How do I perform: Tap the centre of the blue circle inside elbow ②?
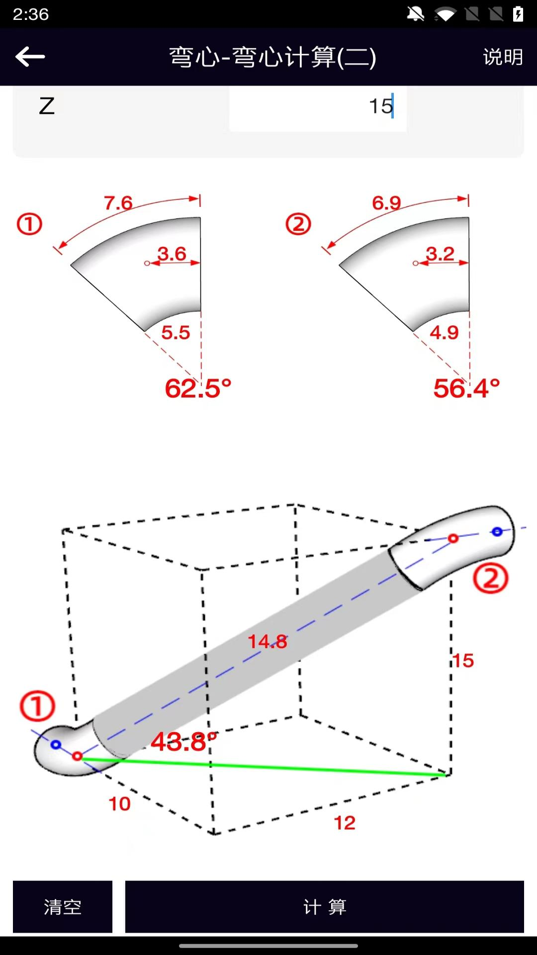point(497,532)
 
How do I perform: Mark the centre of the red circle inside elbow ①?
point(77,756)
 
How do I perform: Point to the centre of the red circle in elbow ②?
point(453,538)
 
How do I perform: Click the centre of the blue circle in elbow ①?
point(56,745)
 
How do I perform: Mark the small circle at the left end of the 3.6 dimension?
point(147,263)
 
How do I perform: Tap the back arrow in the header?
point(30,57)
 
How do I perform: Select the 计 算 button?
point(325,907)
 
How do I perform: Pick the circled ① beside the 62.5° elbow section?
point(29,224)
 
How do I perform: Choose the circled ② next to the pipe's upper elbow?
point(490,578)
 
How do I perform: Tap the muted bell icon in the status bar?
point(416,14)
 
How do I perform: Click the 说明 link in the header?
point(503,57)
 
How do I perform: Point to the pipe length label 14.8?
point(268,642)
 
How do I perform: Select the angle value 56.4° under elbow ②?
point(466,388)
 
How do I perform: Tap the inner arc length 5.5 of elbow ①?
point(176,333)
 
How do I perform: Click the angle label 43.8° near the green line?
point(184,742)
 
